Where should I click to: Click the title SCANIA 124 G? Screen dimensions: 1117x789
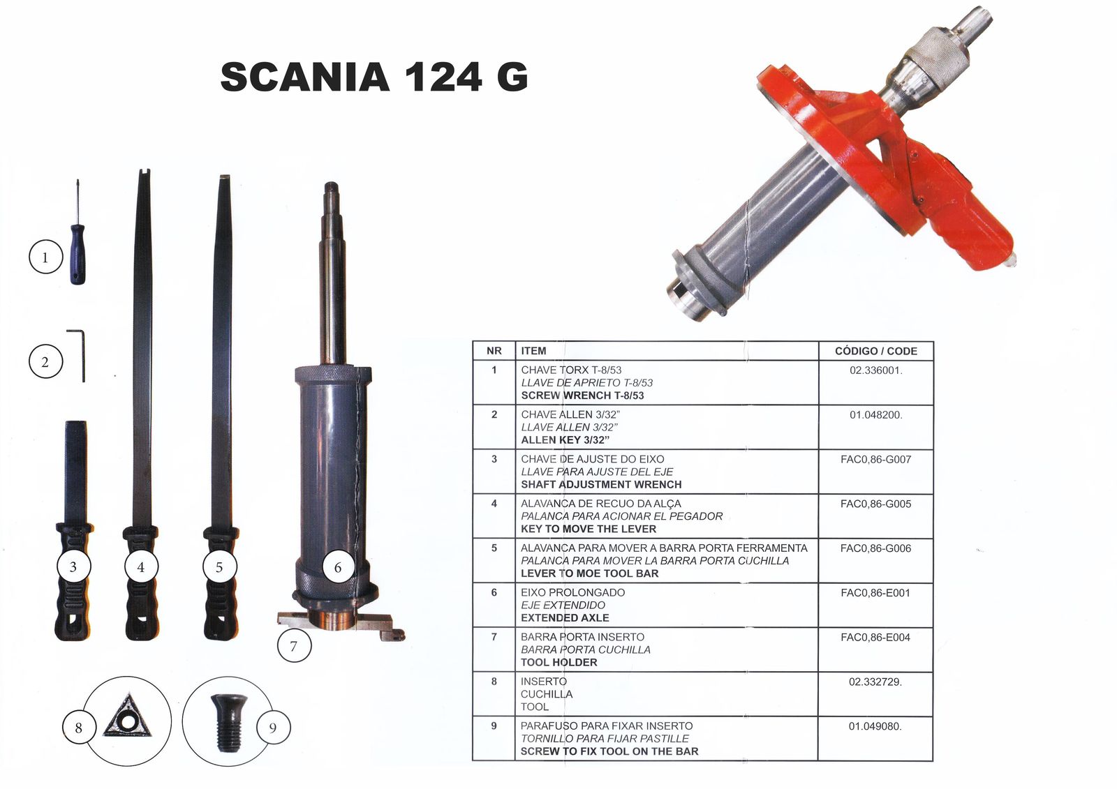[x=374, y=77]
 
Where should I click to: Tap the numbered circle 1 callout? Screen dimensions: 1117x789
[x=45, y=257]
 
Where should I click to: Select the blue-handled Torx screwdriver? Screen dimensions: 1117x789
[x=77, y=232]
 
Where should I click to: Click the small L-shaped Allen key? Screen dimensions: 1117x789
[x=77, y=355]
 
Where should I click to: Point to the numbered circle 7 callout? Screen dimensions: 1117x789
[x=294, y=645]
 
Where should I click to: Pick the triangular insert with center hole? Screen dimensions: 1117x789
[x=127, y=716]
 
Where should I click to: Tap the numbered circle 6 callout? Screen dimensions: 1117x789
[x=338, y=566]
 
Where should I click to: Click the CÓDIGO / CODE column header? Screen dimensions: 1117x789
[x=875, y=351]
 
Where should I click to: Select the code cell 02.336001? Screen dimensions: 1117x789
[x=875, y=370]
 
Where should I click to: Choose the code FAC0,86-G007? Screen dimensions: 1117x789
[x=875, y=459]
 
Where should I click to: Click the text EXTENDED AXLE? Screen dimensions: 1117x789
[x=565, y=617]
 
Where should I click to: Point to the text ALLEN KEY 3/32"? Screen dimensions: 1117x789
[x=565, y=439]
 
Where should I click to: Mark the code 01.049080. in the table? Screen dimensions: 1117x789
[x=875, y=726]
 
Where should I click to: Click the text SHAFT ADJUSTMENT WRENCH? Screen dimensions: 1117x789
[x=601, y=484]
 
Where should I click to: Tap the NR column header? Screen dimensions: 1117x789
[x=494, y=351]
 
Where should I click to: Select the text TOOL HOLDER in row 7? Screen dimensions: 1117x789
[x=558, y=662]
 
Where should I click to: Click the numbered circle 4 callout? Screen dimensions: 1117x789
[x=141, y=566]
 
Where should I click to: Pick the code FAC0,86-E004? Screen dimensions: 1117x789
[x=875, y=637]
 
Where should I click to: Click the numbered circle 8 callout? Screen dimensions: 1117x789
[x=79, y=728]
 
